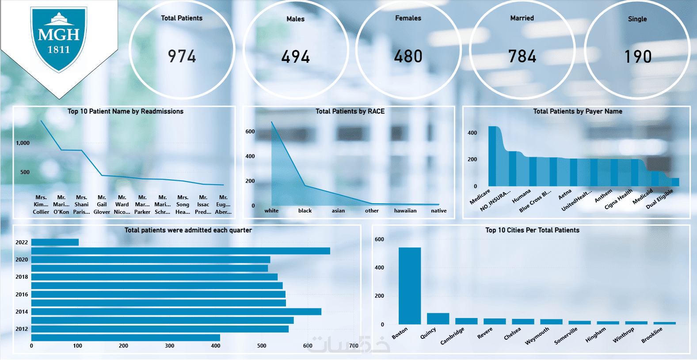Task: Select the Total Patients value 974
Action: [182, 57]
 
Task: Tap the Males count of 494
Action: [296, 57]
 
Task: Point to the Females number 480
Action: [408, 57]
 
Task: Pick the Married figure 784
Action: [522, 57]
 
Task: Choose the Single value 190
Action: [638, 57]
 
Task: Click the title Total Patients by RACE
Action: [350, 111]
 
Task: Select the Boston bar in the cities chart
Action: [410, 286]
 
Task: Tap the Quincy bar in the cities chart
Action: [438, 318]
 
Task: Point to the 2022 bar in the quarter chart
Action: [55, 242]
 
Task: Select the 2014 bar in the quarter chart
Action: [176, 311]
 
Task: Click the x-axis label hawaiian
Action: [405, 211]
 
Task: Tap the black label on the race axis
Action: [305, 211]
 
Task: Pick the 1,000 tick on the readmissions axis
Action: [23, 143]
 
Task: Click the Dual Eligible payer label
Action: [659, 199]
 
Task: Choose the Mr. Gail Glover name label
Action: [102, 205]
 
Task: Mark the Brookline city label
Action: [652, 335]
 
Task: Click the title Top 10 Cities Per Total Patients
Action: [532, 230]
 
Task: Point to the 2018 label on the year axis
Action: [22, 277]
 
